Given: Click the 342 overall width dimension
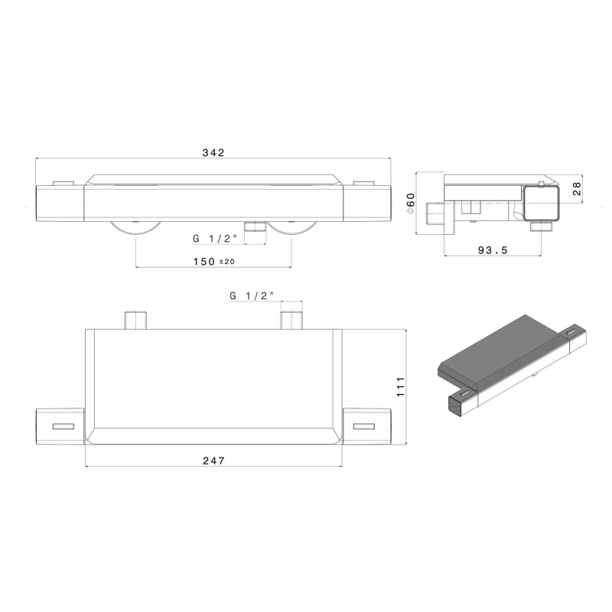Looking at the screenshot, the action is [x=213, y=152].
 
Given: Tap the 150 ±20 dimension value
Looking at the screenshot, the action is [x=214, y=262].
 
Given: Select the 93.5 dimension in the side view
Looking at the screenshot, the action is [x=493, y=251].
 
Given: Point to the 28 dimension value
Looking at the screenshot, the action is [x=577, y=189].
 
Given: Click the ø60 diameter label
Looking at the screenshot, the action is [x=411, y=203].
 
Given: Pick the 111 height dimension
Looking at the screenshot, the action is [x=400, y=387].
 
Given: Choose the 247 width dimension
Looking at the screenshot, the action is [x=214, y=461].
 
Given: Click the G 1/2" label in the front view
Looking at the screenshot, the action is [x=215, y=239].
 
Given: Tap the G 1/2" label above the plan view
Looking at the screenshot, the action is [x=252, y=296].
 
